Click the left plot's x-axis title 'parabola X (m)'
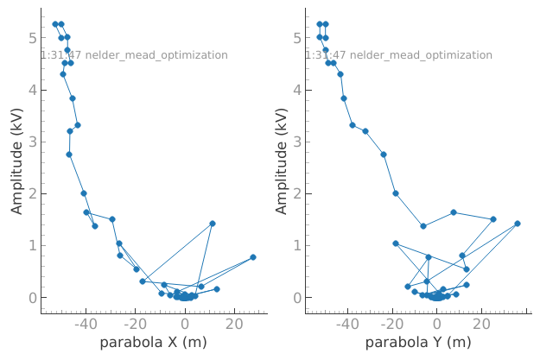tap(153, 344)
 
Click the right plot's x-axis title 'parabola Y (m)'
tap(418, 344)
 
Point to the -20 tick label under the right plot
tap(392, 325)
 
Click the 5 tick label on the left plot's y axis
tap(30, 38)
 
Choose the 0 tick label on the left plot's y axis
tap(30, 298)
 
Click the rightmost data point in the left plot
tap(253, 257)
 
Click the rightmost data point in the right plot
tap(518, 224)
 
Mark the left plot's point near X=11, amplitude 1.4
tap(213, 224)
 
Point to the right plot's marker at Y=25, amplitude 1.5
tap(493, 219)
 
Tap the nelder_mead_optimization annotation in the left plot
tap(134, 55)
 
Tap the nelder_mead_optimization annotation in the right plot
tap(398, 55)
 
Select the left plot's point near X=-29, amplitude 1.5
tap(112, 219)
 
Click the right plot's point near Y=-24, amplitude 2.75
tap(384, 155)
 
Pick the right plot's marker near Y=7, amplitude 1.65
tap(454, 212)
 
